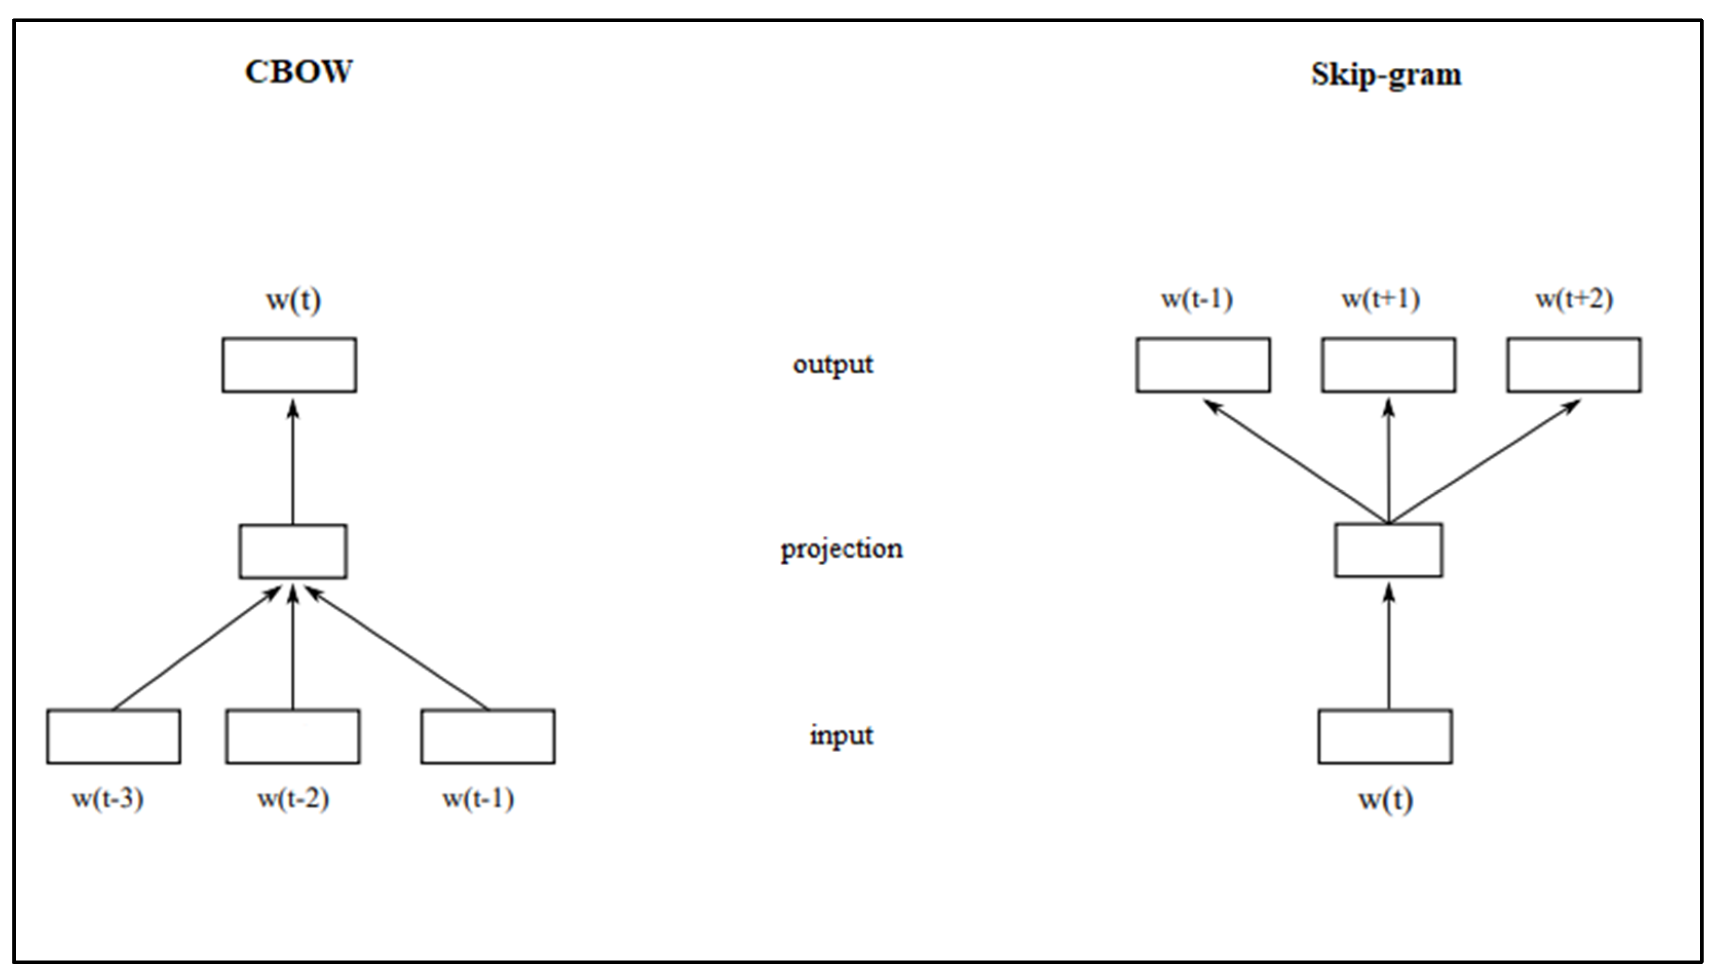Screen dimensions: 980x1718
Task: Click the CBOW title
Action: [298, 72]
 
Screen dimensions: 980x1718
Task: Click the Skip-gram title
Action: [1386, 74]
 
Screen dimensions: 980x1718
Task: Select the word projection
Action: [841, 549]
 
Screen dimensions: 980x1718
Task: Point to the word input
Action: [841, 735]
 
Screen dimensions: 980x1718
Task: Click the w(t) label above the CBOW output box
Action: [294, 300]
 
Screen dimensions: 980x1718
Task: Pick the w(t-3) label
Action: [108, 799]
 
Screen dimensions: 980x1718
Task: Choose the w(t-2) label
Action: [293, 799]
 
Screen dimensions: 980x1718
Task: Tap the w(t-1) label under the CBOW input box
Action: [478, 799]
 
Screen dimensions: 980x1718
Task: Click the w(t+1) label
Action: [1381, 299]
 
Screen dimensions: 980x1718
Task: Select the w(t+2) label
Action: [1574, 299]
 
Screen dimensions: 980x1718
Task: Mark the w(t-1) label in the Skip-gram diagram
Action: [1197, 299]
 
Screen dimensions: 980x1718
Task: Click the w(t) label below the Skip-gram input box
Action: [1385, 799]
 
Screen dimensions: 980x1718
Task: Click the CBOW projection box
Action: [293, 551]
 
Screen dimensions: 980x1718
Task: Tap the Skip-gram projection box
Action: [1389, 550]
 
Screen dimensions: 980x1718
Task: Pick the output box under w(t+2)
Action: [1574, 365]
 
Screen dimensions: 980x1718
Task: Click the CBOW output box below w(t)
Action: [290, 365]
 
